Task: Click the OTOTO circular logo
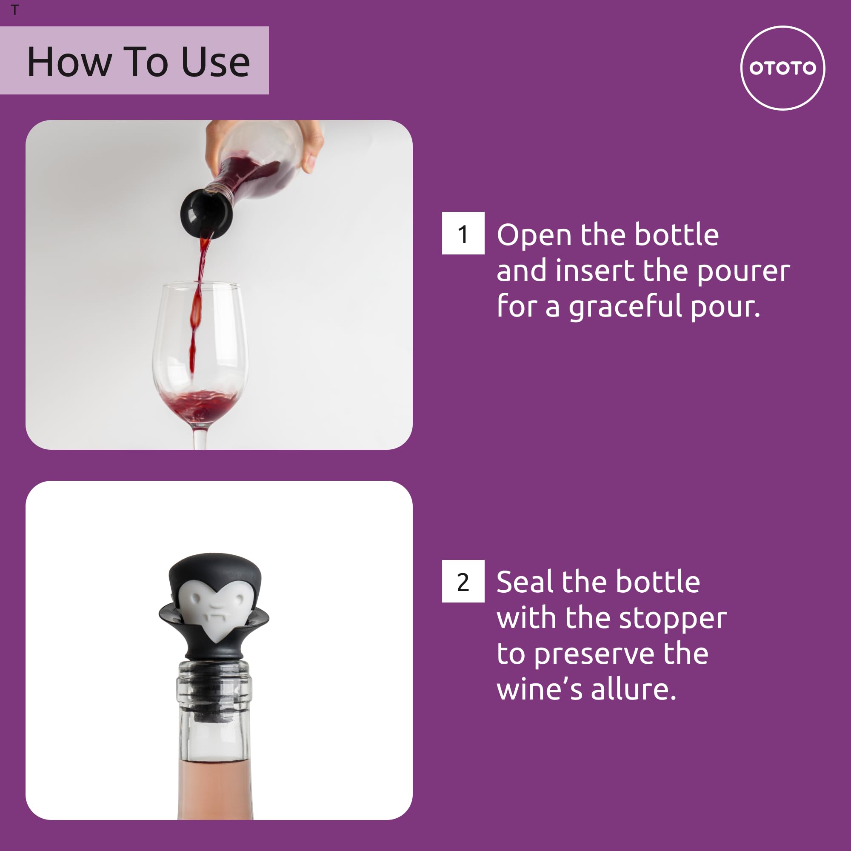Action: pyautogui.click(x=782, y=68)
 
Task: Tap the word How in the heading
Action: pyautogui.click(x=69, y=62)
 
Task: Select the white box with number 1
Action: pyautogui.click(x=463, y=233)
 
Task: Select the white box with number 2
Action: pyautogui.click(x=463, y=581)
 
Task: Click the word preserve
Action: pyautogui.click(x=594, y=654)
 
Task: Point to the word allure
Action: pyautogui.click(x=633, y=690)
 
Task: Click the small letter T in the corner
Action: pyautogui.click(x=15, y=10)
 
